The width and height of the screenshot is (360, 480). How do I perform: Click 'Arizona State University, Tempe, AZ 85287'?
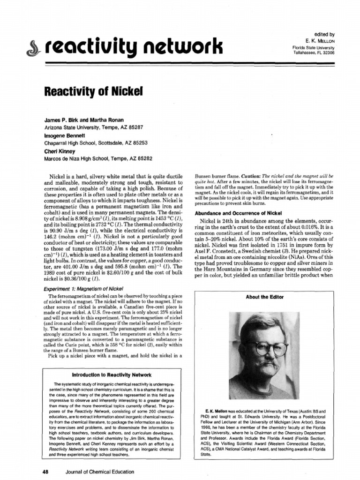click(x=93, y=127)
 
